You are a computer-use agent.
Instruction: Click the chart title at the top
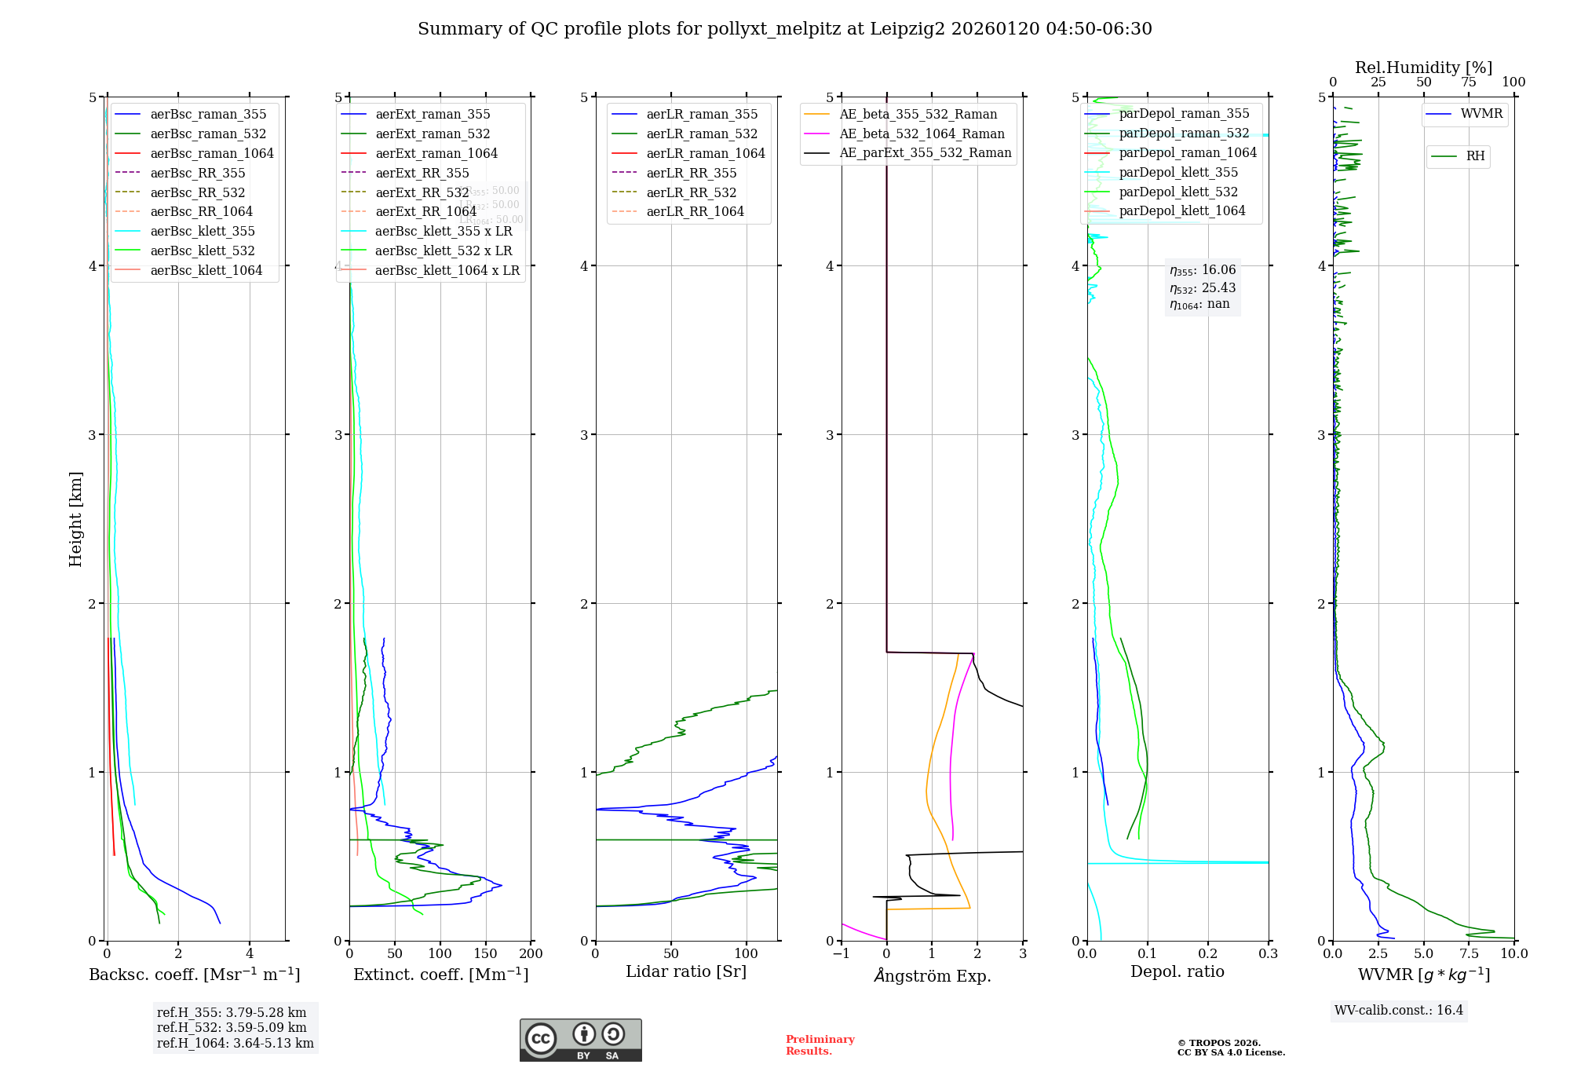[x=784, y=29]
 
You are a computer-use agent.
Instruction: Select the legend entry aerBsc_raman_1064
[x=212, y=153]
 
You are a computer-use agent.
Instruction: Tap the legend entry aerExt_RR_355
[x=422, y=173]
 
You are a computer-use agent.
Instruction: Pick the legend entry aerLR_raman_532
[x=702, y=133]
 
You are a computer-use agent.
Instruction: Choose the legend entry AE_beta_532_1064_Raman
[x=922, y=133]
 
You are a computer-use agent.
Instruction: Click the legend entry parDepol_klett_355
[x=1177, y=172]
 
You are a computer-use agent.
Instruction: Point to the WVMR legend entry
[x=1481, y=114]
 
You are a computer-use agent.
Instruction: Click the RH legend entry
[x=1475, y=156]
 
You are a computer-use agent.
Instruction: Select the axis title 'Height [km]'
[x=75, y=519]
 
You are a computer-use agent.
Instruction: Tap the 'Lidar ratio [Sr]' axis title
[x=685, y=971]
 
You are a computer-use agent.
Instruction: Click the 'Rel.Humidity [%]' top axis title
[x=1423, y=68]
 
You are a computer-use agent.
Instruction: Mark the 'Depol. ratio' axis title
[x=1177, y=971]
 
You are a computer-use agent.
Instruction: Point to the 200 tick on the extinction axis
[x=531, y=953]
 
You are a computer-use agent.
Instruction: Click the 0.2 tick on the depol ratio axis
[x=1208, y=953]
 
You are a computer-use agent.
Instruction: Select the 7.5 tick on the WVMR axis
[x=1469, y=953]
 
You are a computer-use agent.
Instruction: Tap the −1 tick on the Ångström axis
[x=841, y=953]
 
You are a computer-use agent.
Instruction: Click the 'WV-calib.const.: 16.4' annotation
[x=1398, y=1010]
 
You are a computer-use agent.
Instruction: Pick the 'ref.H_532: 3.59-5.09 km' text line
[x=232, y=1027]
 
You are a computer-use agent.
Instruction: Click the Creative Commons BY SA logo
[x=580, y=1040]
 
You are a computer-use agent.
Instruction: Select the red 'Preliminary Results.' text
[x=820, y=1044]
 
